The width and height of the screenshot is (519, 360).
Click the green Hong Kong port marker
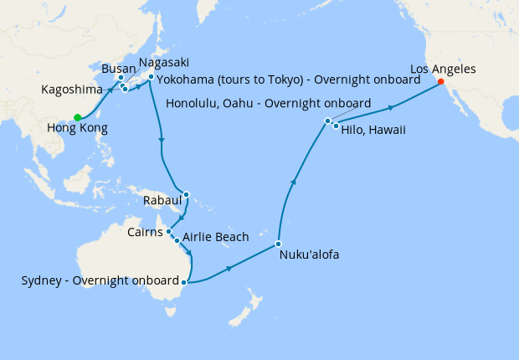click(77, 117)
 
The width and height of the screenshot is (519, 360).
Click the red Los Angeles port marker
click(440, 82)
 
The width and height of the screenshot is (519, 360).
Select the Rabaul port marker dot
click(186, 196)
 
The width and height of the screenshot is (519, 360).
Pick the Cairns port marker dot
click(169, 232)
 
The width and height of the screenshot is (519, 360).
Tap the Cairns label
click(146, 232)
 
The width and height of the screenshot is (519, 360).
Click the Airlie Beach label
click(215, 238)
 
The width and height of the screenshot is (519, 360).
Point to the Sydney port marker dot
click(183, 282)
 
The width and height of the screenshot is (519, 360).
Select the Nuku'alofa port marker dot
click(278, 244)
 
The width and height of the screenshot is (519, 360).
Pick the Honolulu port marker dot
click(327, 121)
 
